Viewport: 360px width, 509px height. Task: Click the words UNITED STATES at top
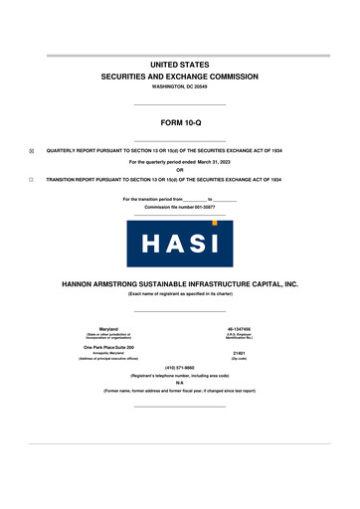tap(180, 64)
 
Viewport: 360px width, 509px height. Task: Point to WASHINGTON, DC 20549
tap(180, 86)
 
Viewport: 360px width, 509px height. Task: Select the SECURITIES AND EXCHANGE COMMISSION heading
tap(180, 76)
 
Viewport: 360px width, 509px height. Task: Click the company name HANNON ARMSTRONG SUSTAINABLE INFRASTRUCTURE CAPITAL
tap(180, 283)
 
